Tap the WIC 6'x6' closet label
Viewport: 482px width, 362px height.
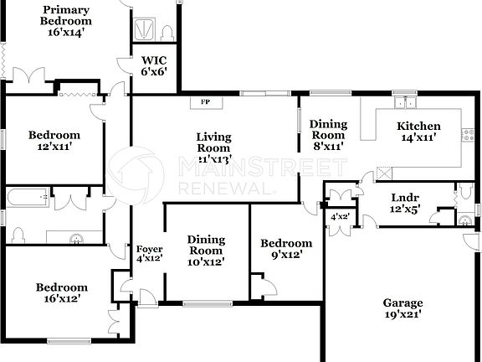pyautogui.click(x=154, y=66)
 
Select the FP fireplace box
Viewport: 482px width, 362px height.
pyautogui.click(x=205, y=103)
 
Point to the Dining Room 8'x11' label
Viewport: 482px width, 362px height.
pyautogui.click(x=328, y=134)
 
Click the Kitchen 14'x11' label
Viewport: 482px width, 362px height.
pyautogui.click(x=418, y=132)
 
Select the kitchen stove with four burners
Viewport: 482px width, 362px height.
pyautogui.click(x=467, y=133)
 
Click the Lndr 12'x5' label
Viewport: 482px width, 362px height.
pyautogui.click(x=405, y=204)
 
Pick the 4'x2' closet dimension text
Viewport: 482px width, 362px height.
pyautogui.click(x=339, y=217)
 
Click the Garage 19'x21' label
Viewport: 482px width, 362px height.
pyautogui.click(x=403, y=308)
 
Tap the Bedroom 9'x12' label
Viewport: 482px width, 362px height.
pyautogui.click(x=281, y=249)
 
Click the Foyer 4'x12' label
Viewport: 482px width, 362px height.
pyautogui.click(x=149, y=254)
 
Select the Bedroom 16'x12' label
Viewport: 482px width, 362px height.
pyautogui.click(x=61, y=292)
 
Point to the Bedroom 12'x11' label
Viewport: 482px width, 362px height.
pyautogui.click(x=54, y=140)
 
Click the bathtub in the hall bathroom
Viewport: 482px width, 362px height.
pyautogui.click(x=26, y=199)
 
